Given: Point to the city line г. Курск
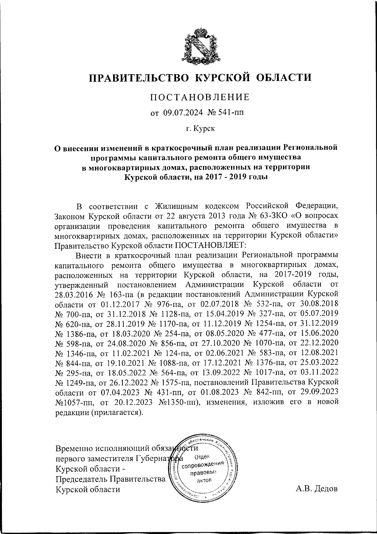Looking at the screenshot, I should [x=199, y=129].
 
